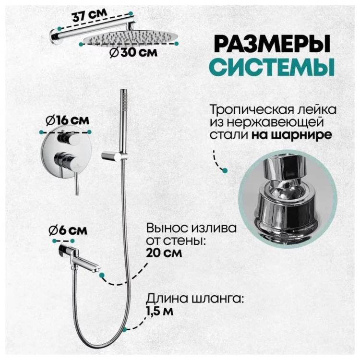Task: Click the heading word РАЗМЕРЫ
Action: (x=273, y=44)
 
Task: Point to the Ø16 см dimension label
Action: (x=67, y=121)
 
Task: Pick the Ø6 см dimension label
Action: (x=68, y=230)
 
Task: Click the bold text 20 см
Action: (x=164, y=253)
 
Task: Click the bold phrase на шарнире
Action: (x=291, y=135)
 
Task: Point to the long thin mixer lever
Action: (x=76, y=179)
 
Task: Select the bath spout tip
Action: (x=96, y=269)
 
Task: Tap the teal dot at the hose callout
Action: (x=124, y=330)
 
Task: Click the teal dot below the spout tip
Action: (x=102, y=275)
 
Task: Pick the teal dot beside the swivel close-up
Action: (x=225, y=170)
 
